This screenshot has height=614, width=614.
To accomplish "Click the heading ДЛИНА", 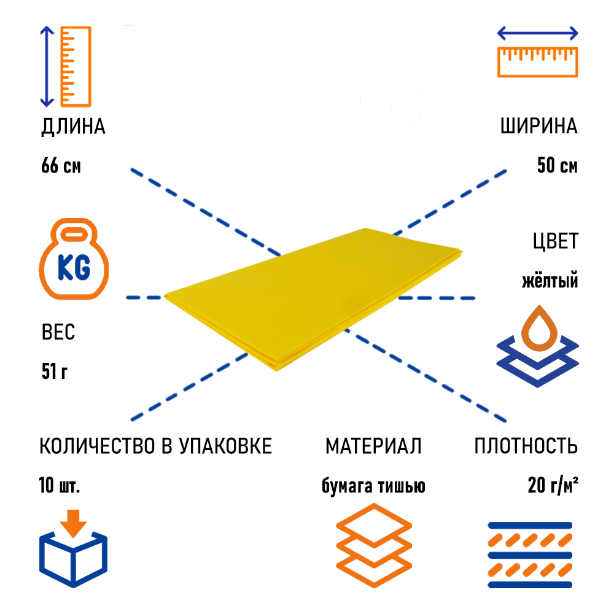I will [x=73, y=127].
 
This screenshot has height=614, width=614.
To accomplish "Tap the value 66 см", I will [x=61, y=166].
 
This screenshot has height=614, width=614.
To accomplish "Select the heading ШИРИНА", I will [x=538, y=127].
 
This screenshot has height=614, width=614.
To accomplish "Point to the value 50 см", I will [x=557, y=166].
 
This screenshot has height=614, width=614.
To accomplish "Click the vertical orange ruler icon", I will [x=76, y=66].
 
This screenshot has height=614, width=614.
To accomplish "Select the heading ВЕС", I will [x=58, y=333].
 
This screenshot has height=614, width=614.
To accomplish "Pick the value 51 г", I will [x=55, y=371].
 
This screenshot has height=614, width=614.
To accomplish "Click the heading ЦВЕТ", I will [x=555, y=241].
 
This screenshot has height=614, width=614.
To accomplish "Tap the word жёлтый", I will [x=550, y=281].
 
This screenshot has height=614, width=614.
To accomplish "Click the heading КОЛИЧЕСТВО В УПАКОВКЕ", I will [x=155, y=446].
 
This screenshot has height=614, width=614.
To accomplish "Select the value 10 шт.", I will [x=60, y=486].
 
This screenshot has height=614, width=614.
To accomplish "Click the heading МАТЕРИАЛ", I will [x=373, y=446].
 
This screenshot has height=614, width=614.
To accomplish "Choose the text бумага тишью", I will [x=373, y=486].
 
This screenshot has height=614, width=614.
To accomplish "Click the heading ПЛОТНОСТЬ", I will [x=526, y=446].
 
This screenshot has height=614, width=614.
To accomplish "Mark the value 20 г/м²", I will [x=552, y=486].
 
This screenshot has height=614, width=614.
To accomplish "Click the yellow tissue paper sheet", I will [x=313, y=295].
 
